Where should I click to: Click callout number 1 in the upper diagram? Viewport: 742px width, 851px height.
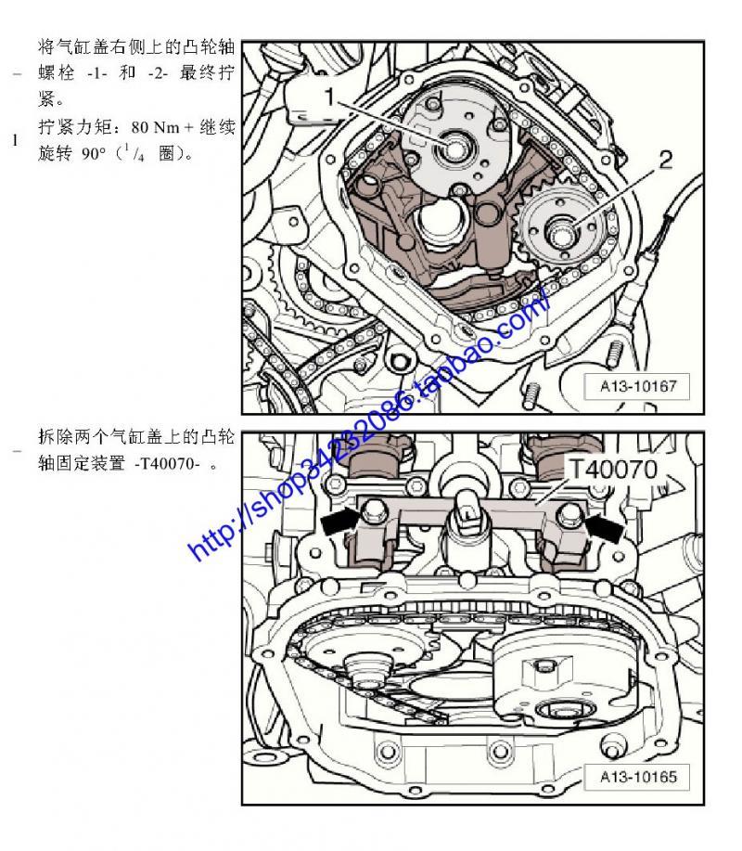tap(330, 97)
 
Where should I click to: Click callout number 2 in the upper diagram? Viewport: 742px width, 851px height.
tap(666, 160)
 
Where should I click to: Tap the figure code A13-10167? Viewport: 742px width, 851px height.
tap(638, 386)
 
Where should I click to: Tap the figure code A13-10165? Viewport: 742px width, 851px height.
tap(638, 777)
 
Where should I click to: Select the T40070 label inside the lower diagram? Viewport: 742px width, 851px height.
tap(612, 470)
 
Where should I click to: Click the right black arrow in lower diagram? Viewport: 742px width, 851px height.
tap(604, 526)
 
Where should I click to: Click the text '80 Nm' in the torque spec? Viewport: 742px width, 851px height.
tap(155, 127)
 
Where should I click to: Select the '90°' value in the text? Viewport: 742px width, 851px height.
tap(94, 154)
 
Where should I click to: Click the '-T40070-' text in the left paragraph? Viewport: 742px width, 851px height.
tap(167, 464)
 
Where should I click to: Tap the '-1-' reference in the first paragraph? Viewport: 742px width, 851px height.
tap(97, 73)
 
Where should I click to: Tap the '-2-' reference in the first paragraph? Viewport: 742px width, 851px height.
tap(158, 73)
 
